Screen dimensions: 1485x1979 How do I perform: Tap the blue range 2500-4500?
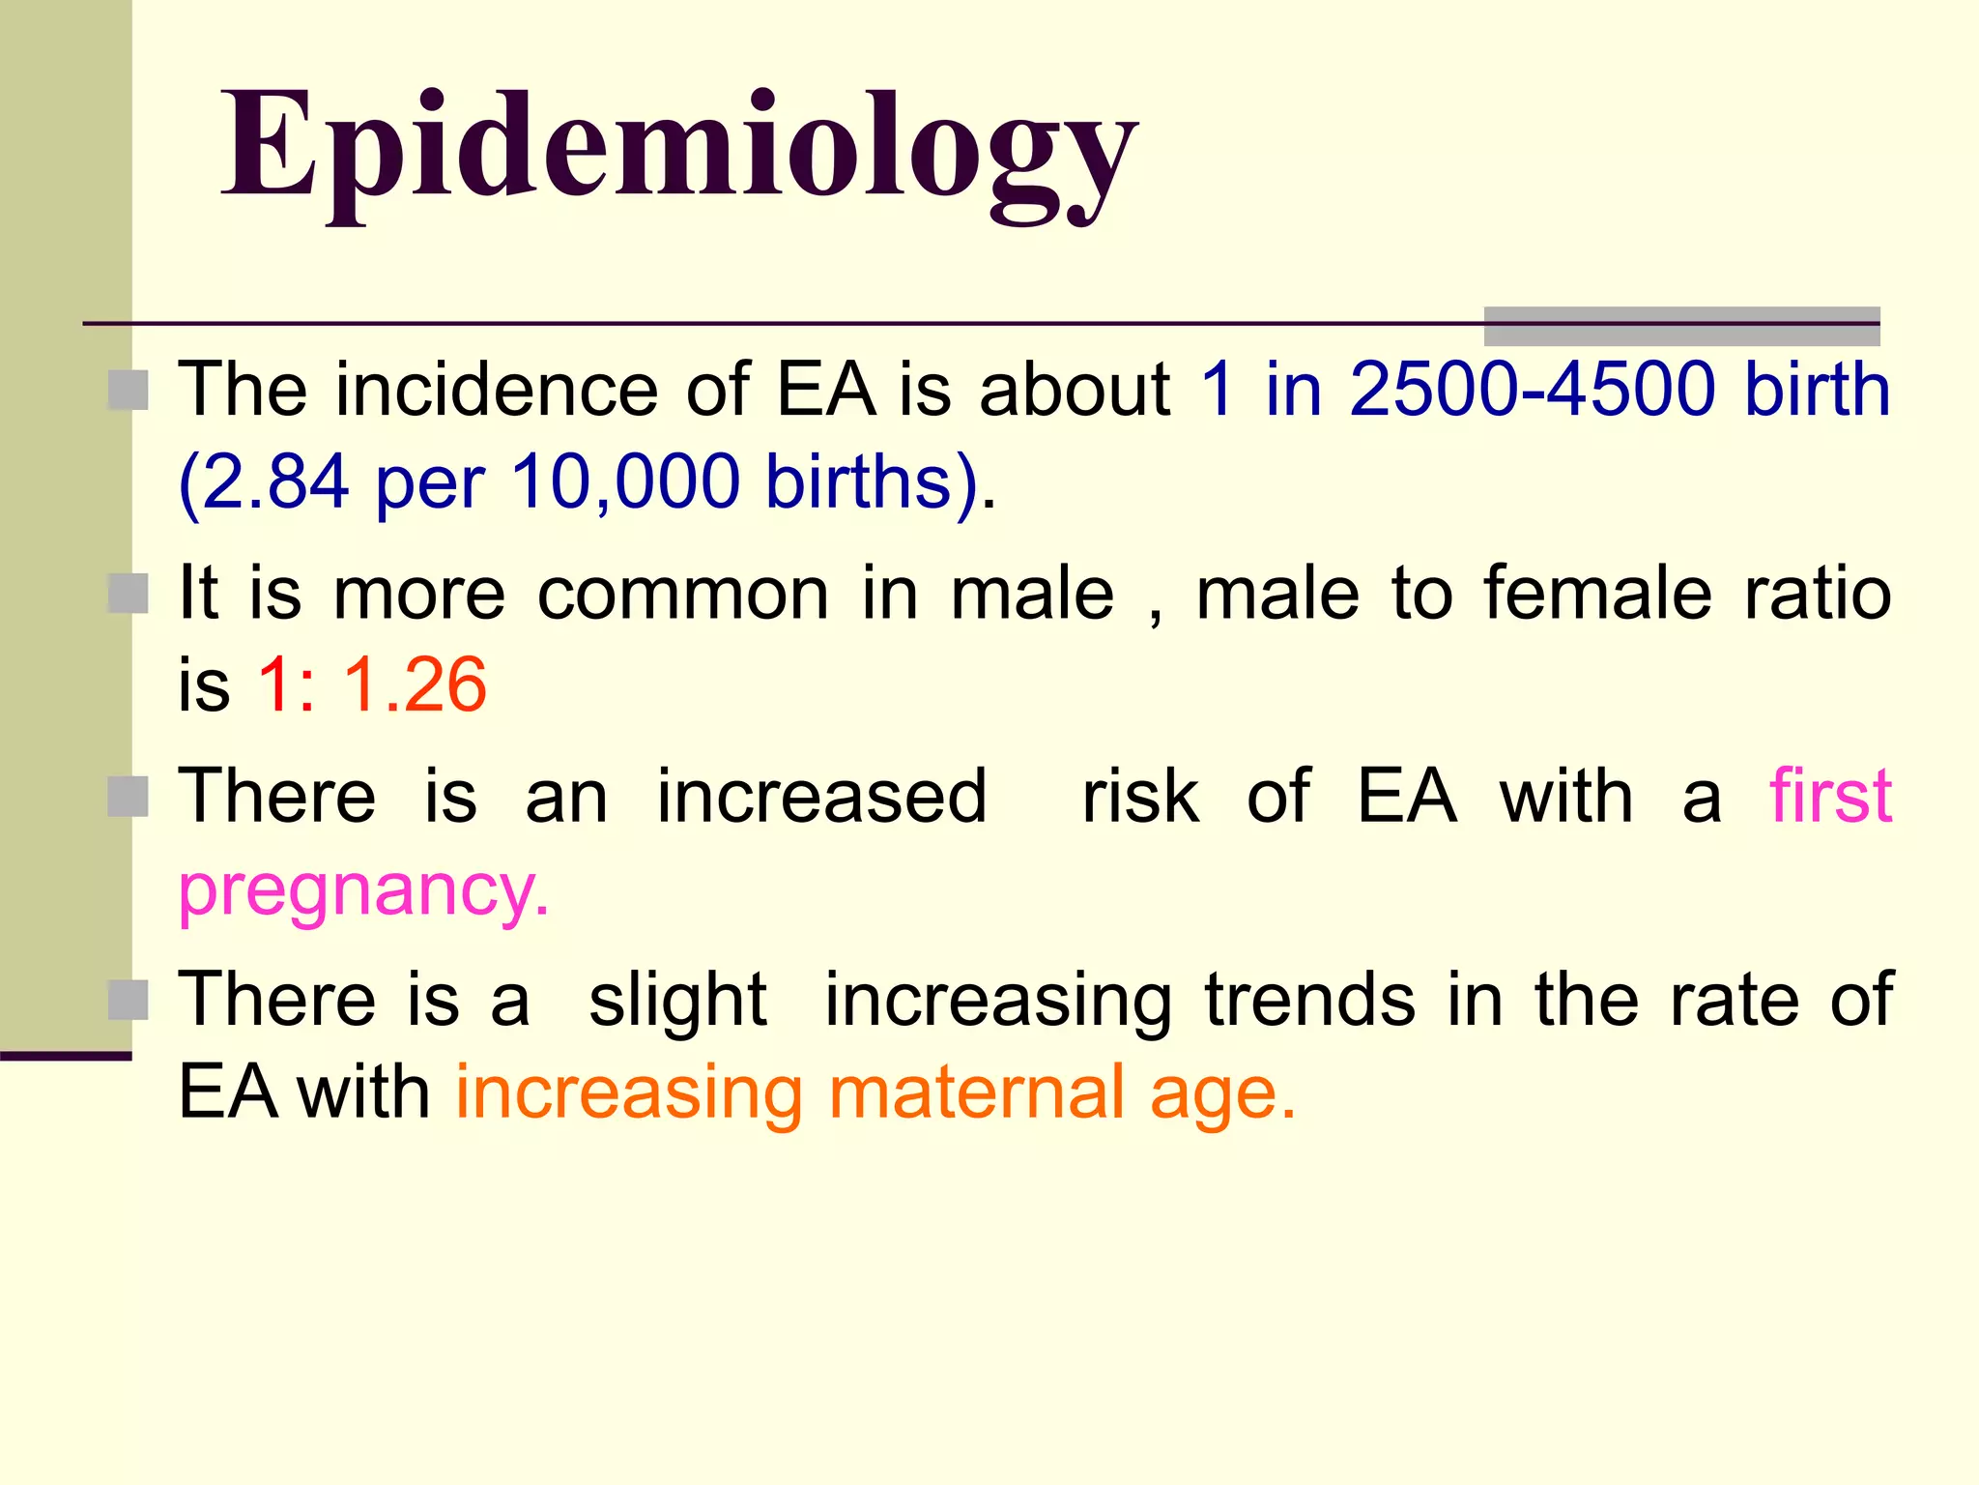[x=1532, y=389]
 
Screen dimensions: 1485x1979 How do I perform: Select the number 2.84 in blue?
[x=275, y=481]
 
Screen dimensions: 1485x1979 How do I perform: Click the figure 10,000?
[x=625, y=481]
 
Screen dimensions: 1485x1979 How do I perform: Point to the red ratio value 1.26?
[x=415, y=684]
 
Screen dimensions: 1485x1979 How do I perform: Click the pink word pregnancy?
[x=363, y=891]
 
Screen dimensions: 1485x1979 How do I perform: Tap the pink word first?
[x=1830, y=796]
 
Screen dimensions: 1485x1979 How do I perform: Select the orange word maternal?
[x=976, y=1092]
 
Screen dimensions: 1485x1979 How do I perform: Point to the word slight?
[x=677, y=1000]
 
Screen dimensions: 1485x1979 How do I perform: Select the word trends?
[x=1310, y=1000]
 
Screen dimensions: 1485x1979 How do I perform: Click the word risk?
[x=1140, y=797]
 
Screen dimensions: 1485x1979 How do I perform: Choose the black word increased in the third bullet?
[x=821, y=797]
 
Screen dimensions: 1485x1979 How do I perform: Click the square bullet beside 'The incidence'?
[x=128, y=391]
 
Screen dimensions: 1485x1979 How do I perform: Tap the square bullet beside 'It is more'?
[x=128, y=594]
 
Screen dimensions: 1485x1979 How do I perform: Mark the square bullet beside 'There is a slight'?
[x=128, y=1001]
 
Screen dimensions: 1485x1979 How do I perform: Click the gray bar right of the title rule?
[x=1681, y=326]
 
